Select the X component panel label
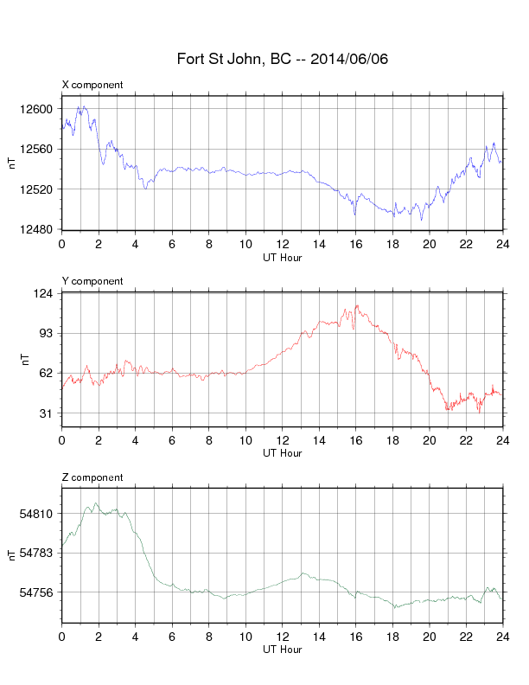92,85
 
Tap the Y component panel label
92,281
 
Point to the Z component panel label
92,477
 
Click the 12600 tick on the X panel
36,109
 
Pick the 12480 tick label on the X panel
36,229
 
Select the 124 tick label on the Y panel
43,293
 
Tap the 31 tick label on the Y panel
47,413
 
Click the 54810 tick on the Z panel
36,514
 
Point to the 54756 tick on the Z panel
36,592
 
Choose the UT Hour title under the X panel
283,258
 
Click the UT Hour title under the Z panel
283,650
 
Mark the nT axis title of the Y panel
25,360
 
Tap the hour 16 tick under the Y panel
356,440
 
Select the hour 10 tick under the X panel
245,244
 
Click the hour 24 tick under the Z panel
503,637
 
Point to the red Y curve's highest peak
357,306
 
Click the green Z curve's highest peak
96,503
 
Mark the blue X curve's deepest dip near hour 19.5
421,220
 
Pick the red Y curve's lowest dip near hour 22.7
479,413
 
